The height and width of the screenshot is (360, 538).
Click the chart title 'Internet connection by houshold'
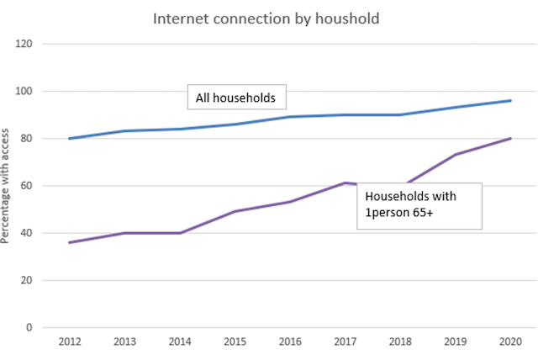tap(268, 18)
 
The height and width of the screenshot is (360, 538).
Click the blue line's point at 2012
tap(69, 138)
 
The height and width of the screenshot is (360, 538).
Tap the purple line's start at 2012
tap(69, 242)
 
